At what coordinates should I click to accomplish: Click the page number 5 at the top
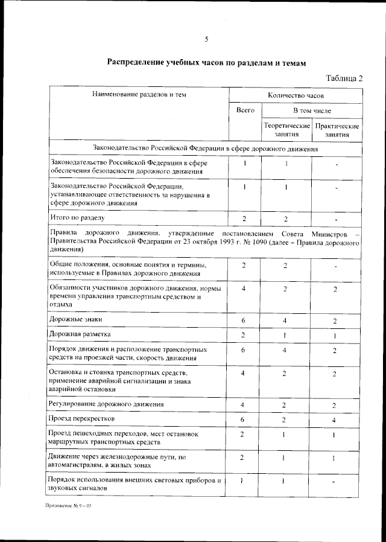pos(206,39)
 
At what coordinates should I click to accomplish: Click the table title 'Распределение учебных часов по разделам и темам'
pos(207,63)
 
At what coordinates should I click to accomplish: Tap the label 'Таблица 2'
pos(344,78)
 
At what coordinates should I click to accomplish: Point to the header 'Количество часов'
pos(296,95)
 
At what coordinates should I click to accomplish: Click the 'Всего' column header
pos(244,111)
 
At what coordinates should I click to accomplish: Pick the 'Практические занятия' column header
pos(337,130)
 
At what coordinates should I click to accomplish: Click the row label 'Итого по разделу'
pos(78,217)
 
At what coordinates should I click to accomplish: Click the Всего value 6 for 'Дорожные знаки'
pos(243,320)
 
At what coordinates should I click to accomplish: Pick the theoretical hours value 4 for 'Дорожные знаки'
pos(285,320)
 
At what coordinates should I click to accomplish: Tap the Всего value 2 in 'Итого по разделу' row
pos(244,218)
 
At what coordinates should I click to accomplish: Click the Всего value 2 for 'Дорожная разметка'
pos(243,335)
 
